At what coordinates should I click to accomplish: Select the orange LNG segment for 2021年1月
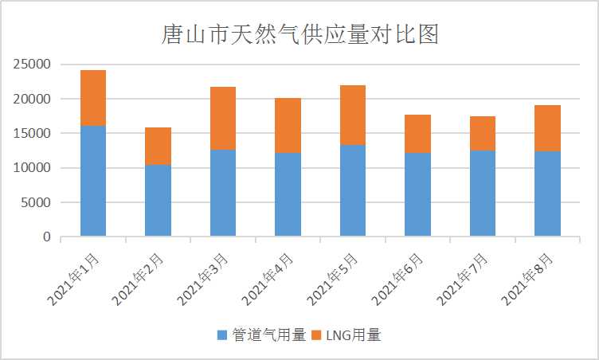[92, 97]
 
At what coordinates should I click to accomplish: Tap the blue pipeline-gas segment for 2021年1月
[92, 181]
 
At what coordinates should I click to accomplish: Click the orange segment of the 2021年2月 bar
[158, 146]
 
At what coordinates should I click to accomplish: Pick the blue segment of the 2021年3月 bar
[222, 193]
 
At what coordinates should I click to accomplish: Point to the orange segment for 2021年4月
[288, 125]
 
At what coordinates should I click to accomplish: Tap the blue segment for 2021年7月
[482, 194]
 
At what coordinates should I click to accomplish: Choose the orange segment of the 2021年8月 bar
[547, 127]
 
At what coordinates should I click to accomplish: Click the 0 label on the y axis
[47, 237]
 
